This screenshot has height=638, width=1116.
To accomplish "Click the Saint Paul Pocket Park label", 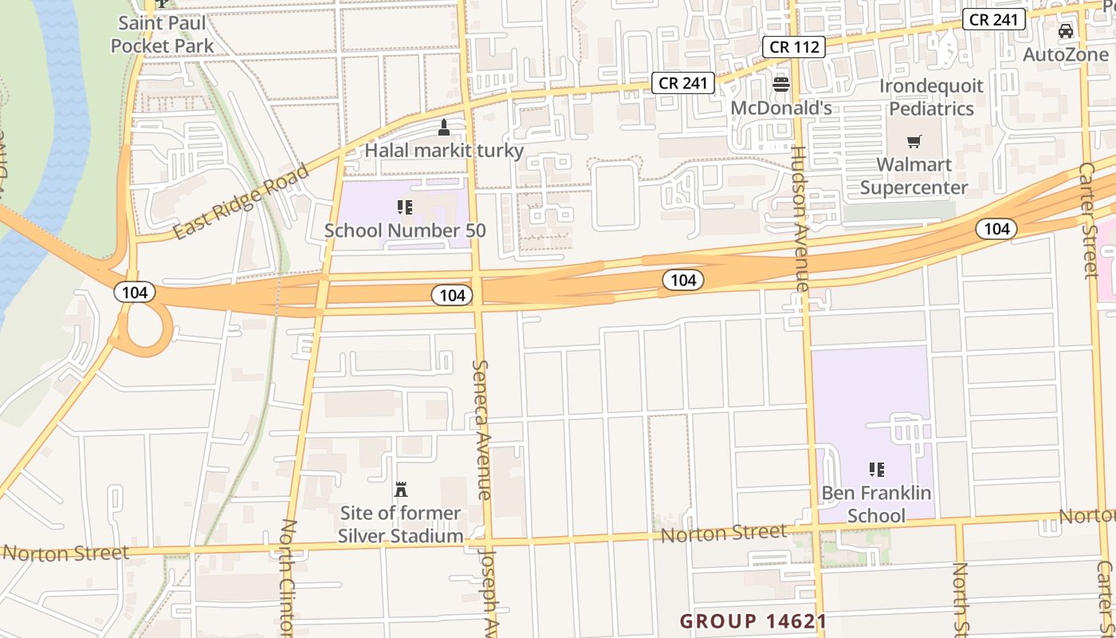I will point(163,34).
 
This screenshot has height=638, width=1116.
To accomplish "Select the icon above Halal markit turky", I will point(445,128).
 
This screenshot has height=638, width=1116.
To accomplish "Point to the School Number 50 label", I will point(405,230).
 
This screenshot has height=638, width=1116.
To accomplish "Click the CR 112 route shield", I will point(795,47).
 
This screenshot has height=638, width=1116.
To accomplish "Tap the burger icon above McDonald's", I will point(781,85).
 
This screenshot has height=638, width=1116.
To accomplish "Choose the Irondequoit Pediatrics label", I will point(931,96).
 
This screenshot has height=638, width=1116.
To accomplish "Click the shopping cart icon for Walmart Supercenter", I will point(914,142).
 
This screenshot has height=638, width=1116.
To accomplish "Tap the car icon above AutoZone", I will point(1066,32).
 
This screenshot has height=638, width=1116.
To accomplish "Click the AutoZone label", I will point(1066,54).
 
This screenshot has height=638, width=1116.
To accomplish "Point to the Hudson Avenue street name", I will point(800,219).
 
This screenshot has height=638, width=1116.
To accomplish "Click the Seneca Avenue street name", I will point(481,429).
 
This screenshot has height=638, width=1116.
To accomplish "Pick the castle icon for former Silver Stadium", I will point(401,489).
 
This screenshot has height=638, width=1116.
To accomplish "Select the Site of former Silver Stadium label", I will point(400,524).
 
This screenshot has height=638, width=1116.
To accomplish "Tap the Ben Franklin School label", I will point(876,504).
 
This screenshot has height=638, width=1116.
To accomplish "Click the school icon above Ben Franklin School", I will point(876,470).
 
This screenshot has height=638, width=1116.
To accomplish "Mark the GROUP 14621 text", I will point(753,620).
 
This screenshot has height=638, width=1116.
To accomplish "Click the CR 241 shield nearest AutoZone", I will point(993,20).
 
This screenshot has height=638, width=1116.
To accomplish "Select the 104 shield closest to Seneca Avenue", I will point(452,295).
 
